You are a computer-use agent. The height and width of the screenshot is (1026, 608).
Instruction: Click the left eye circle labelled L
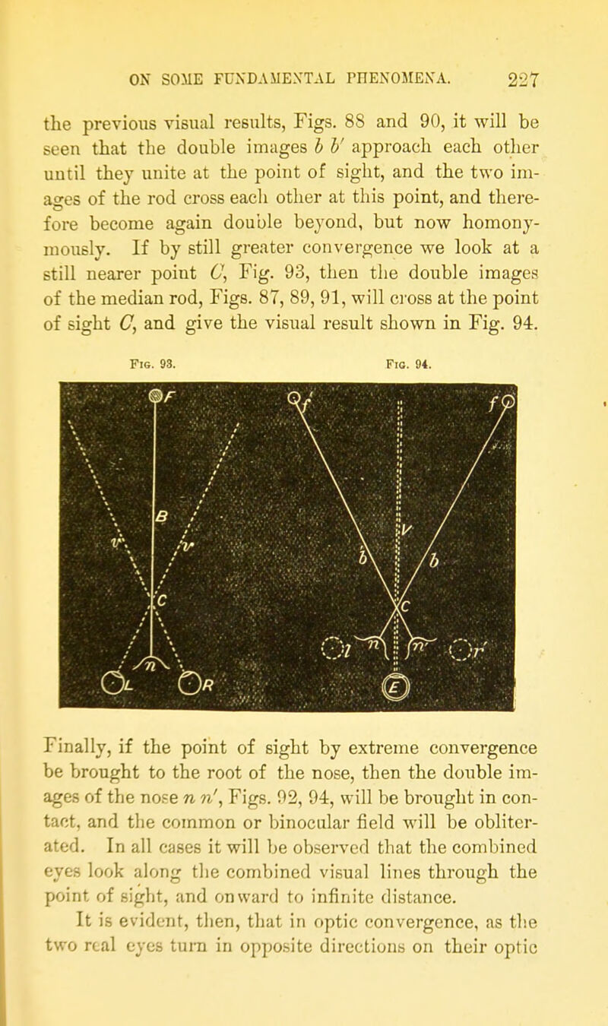pyautogui.click(x=112, y=685)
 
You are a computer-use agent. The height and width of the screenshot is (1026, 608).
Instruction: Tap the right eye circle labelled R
pyautogui.click(x=190, y=683)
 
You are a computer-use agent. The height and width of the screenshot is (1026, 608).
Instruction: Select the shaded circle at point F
pyautogui.click(x=156, y=395)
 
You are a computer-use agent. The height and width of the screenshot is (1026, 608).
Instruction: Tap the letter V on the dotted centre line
pyautogui.click(x=407, y=530)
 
